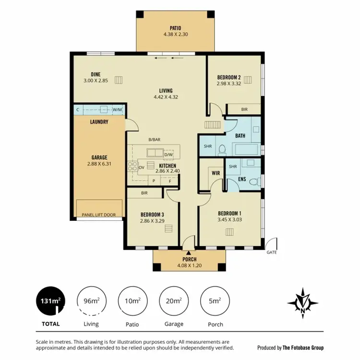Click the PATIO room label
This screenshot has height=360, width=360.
click(175, 27)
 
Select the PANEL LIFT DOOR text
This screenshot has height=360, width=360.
click(99, 215)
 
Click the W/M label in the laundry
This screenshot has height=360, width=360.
click(117, 110)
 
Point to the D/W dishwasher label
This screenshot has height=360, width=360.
click(168, 155)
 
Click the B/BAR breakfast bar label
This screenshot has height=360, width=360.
click(154, 140)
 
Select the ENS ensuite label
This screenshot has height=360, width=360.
click(242, 180)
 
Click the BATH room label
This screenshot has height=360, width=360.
click(240, 136)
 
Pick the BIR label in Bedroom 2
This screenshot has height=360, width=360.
click(244, 110)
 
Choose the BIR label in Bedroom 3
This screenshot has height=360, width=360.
click(144, 193)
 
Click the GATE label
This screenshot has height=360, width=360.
click(272, 252)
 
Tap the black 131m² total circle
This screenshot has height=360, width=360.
click(50, 301)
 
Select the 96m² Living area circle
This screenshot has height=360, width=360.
click(91, 301)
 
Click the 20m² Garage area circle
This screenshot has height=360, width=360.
click(174, 301)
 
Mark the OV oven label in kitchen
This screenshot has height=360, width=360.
click(142, 167)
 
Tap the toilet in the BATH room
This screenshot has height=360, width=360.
click(220, 151)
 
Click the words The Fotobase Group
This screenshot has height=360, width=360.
click(303, 348)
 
